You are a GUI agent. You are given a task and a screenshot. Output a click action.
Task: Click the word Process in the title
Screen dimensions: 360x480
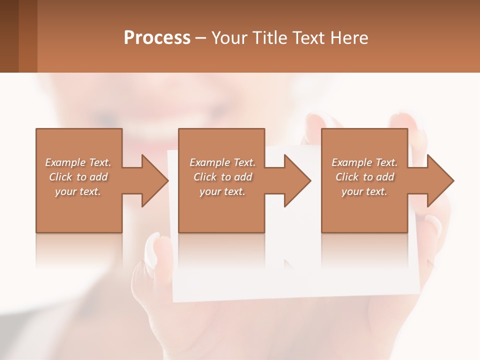pyautogui.click(x=157, y=38)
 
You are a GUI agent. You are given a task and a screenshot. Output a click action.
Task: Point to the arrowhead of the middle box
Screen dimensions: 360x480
pyautogui.click(x=297, y=180)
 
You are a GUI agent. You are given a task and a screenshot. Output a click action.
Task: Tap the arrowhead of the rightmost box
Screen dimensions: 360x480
pyautogui.click(x=440, y=180)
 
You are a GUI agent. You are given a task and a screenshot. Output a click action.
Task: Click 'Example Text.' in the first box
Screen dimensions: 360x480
pyautogui.click(x=78, y=162)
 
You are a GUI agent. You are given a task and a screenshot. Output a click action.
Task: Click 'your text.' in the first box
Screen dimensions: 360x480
pyautogui.click(x=78, y=191)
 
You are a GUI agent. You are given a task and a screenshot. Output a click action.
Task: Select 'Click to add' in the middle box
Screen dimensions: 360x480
pyautogui.click(x=222, y=177)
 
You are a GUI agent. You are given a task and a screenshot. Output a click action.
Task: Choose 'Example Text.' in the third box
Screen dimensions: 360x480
pyautogui.click(x=364, y=162)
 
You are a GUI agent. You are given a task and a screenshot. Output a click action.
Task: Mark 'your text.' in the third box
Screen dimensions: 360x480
pyautogui.click(x=364, y=191)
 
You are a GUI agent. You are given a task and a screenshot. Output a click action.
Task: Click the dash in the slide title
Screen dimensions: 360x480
pyautogui.click(x=201, y=38)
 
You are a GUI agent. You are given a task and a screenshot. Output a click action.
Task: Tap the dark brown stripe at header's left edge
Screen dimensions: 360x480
pyautogui.click(x=9, y=36)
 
